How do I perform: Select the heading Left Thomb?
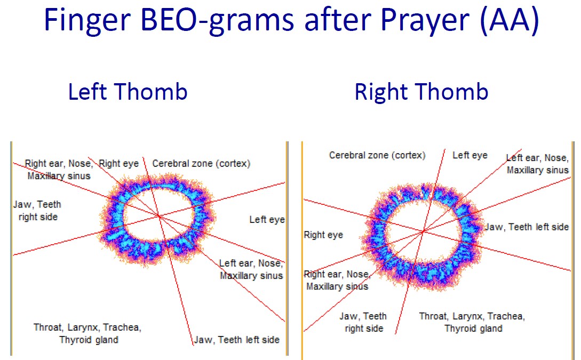coord(128,92)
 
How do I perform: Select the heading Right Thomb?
coord(421,92)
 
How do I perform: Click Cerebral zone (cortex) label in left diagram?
coord(201,164)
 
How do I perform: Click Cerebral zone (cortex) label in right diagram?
coord(377,155)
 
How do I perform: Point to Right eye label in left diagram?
coord(119,163)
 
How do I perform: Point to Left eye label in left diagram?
coord(267,220)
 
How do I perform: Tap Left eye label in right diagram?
coord(470,155)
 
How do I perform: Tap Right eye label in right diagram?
coord(323,235)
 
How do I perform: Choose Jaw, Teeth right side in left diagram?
coord(37,210)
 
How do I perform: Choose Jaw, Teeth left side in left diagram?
coord(237,340)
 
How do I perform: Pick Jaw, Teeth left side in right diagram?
coord(527,227)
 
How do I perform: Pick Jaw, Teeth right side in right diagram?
coord(363,322)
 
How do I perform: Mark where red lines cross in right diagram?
coord(423,231)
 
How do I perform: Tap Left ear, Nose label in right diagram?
coord(537,158)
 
